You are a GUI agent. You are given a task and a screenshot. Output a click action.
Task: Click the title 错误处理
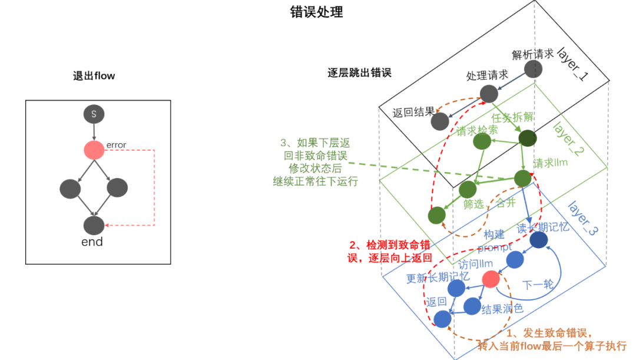(x=317, y=12)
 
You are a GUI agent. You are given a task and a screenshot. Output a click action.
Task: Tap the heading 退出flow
(x=94, y=76)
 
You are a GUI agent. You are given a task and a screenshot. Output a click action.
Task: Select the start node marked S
(x=94, y=114)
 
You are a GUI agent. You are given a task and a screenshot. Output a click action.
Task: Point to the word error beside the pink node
(x=116, y=145)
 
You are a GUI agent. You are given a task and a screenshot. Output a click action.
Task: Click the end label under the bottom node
(x=92, y=242)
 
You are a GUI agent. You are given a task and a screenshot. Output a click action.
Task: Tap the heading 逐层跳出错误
(x=359, y=73)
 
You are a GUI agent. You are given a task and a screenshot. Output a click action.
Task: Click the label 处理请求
(x=487, y=76)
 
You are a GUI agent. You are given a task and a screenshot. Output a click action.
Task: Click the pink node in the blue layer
(x=491, y=279)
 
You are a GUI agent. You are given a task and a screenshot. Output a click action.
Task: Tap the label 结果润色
(x=502, y=308)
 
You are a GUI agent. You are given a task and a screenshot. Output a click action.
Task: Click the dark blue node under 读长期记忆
(x=539, y=240)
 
